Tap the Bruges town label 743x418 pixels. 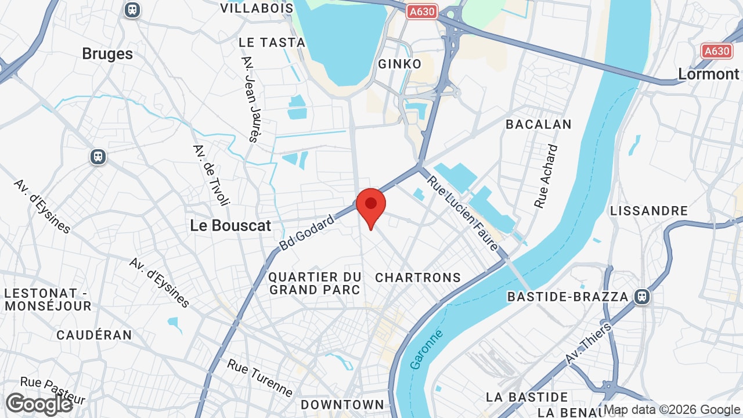coord(107,54)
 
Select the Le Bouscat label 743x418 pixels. coord(230,226)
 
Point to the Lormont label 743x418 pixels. coord(709,74)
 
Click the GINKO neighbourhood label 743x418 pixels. coord(399,64)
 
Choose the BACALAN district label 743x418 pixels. coord(539,124)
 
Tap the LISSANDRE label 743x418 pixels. coord(649,211)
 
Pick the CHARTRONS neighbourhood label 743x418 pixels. coord(418,278)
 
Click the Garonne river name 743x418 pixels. coord(426,349)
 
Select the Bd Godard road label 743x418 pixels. coord(307,232)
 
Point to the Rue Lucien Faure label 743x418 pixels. coord(463,214)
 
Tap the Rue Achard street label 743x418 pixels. coord(546,176)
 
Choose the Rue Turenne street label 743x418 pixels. coord(259,378)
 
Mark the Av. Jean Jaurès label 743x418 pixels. coord(250,99)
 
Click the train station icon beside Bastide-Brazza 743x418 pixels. coord(641,297)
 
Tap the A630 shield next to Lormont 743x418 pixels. coord(716,51)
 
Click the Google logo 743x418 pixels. coord(39,404)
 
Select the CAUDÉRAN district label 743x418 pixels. coord(94,335)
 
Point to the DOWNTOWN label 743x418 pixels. coord(342,405)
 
